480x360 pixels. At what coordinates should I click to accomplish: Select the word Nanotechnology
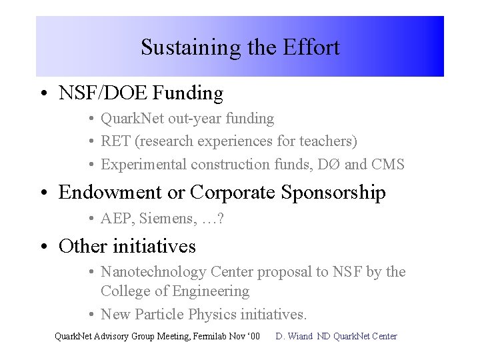coord(153,271)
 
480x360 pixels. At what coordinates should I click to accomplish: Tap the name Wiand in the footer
coord(301,336)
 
